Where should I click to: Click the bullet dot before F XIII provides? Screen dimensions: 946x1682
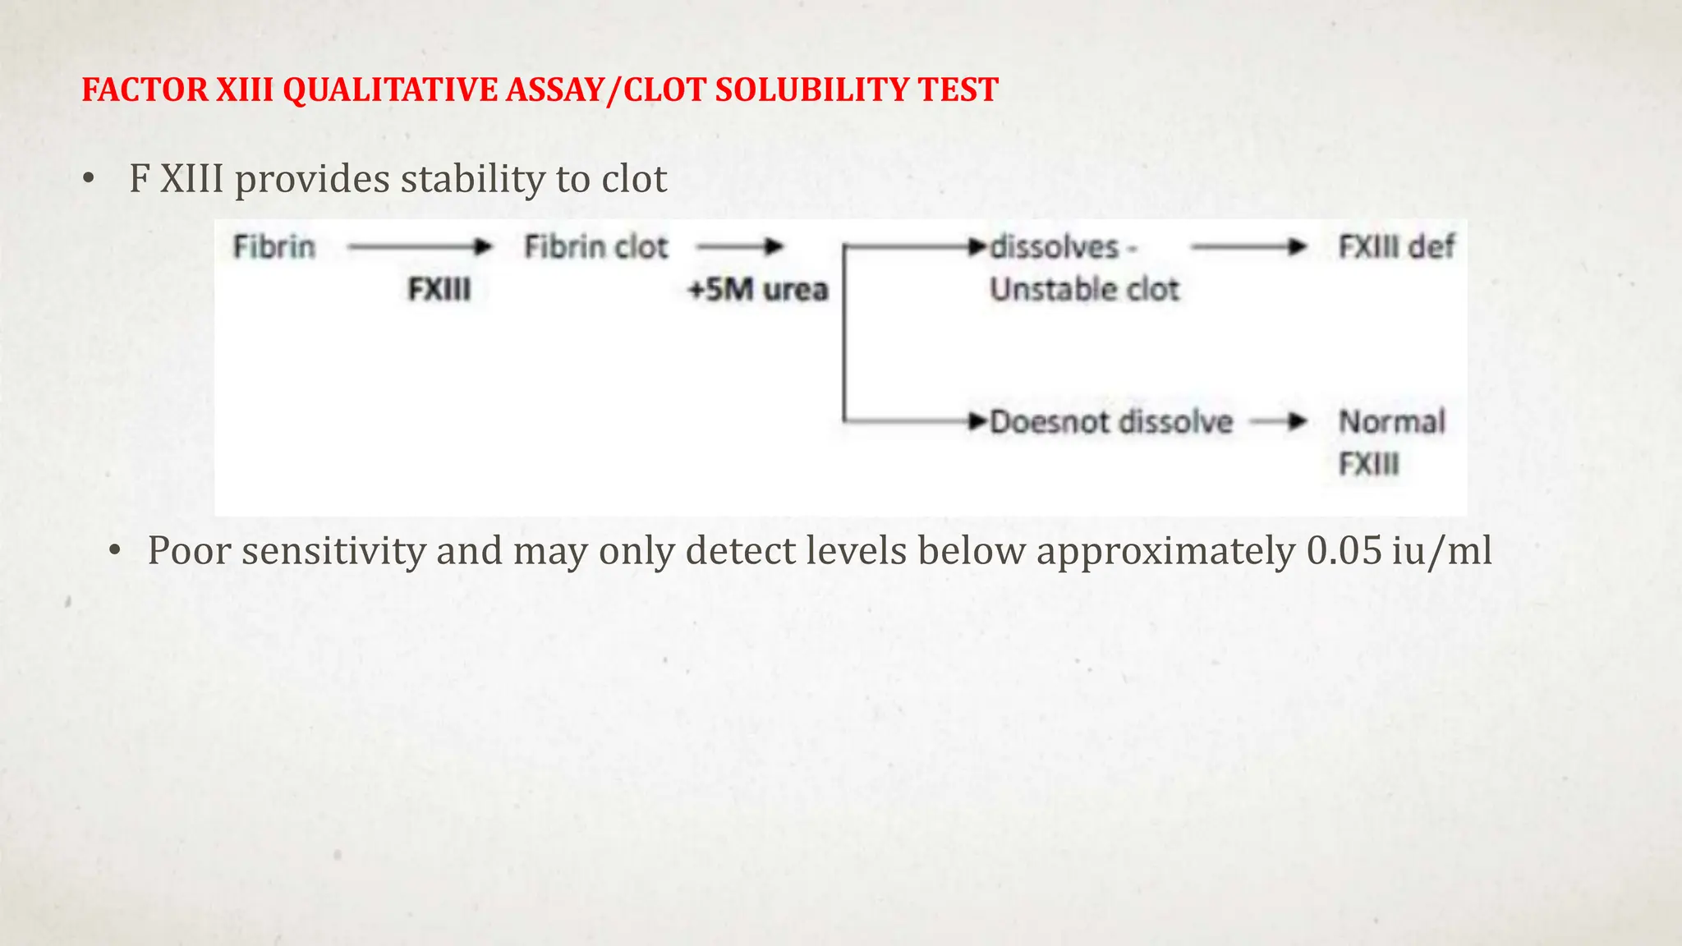coord(89,179)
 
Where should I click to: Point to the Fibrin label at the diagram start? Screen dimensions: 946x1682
coord(274,246)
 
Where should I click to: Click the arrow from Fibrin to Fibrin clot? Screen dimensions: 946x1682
coord(419,246)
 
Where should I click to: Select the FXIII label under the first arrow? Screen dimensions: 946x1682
coord(439,289)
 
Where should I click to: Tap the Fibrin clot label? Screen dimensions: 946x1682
coord(596,246)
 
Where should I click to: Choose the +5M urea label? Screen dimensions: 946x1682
coord(758,289)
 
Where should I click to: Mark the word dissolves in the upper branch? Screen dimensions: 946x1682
coord(1055,246)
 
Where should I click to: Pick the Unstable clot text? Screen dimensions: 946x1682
coord(1084,289)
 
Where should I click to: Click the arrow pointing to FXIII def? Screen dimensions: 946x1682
coord(1248,246)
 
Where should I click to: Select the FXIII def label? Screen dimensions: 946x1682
coord(1396,246)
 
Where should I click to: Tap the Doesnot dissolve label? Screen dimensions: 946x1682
coord(1111,422)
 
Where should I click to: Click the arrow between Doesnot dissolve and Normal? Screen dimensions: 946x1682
coord(1279,422)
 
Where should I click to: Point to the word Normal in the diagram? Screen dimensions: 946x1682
coord(1392,422)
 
